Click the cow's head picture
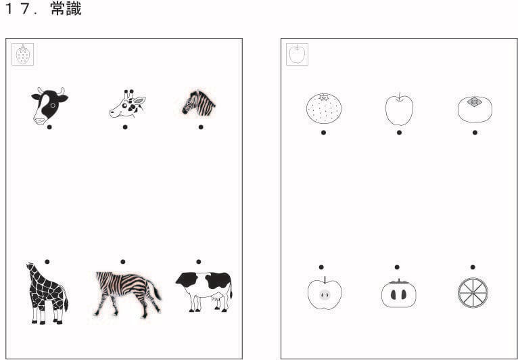point(49,106)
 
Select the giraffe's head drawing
point(128,104)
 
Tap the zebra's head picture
point(199,103)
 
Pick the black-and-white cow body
point(204,292)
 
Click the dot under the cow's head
point(49,127)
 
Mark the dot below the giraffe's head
point(125,127)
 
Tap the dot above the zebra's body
point(123,262)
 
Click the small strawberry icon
point(23,55)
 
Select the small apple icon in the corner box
point(297,54)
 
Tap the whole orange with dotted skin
point(323,108)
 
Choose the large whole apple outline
point(399,110)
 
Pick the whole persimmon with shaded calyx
point(475,109)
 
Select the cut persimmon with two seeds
point(399,294)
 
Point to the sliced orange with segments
point(473,293)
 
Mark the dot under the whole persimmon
point(475,133)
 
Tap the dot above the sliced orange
point(473,267)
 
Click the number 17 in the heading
point(18,9)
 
